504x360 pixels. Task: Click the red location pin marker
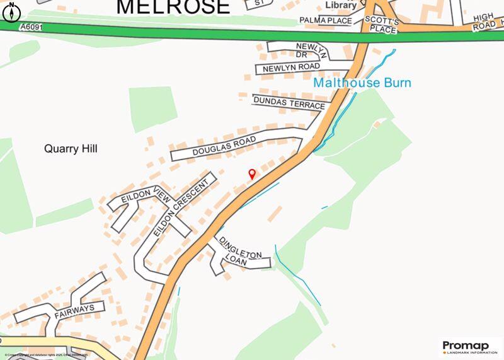[x=252, y=174]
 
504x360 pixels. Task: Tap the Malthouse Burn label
[x=362, y=83]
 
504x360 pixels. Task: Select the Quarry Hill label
[x=71, y=149]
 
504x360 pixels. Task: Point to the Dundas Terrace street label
[x=289, y=103]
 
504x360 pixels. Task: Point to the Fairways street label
[x=74, y=308]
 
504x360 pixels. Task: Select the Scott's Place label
[x=381, y=25]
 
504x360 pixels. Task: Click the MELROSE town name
[x=173, y=7]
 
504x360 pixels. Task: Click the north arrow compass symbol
[x=13, y=11]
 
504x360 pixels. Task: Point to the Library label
[x=341, y=4]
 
